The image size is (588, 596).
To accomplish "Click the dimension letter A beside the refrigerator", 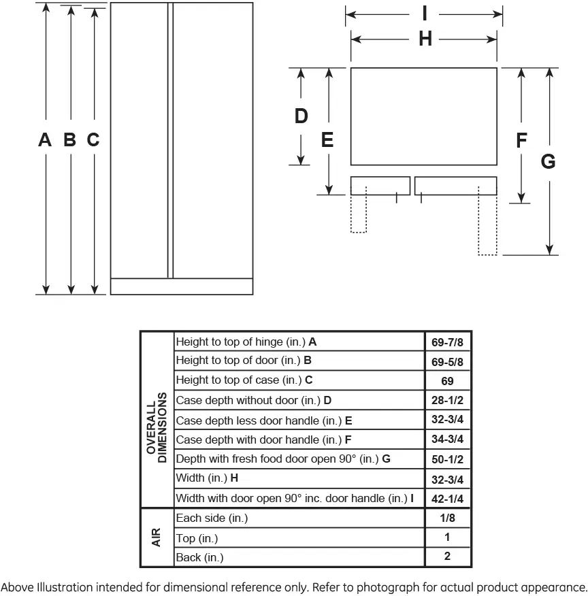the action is [45, 139].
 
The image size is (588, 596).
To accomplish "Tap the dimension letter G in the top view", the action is [548, 161].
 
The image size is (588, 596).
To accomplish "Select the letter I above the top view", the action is [425, 14].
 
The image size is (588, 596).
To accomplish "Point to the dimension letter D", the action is [301, 116].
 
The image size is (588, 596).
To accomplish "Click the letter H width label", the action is [425, 39].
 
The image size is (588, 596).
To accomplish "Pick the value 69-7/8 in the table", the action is [447, 342].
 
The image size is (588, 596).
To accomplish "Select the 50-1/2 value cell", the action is [447, 459].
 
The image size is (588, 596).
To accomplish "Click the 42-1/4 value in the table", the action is [447, 499].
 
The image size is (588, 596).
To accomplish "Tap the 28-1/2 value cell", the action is [447, 400].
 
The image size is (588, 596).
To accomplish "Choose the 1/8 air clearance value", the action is [447, 518].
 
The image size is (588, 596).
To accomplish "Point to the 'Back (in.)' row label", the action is [199, 558].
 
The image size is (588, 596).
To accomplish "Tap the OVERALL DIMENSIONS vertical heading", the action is [157, 427].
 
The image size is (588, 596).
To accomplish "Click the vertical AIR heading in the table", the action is [156, 537].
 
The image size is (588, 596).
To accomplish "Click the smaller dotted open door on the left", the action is [359, 210].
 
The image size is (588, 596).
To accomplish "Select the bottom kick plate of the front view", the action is [182, 286].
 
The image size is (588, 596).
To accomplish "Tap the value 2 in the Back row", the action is [447, 556].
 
